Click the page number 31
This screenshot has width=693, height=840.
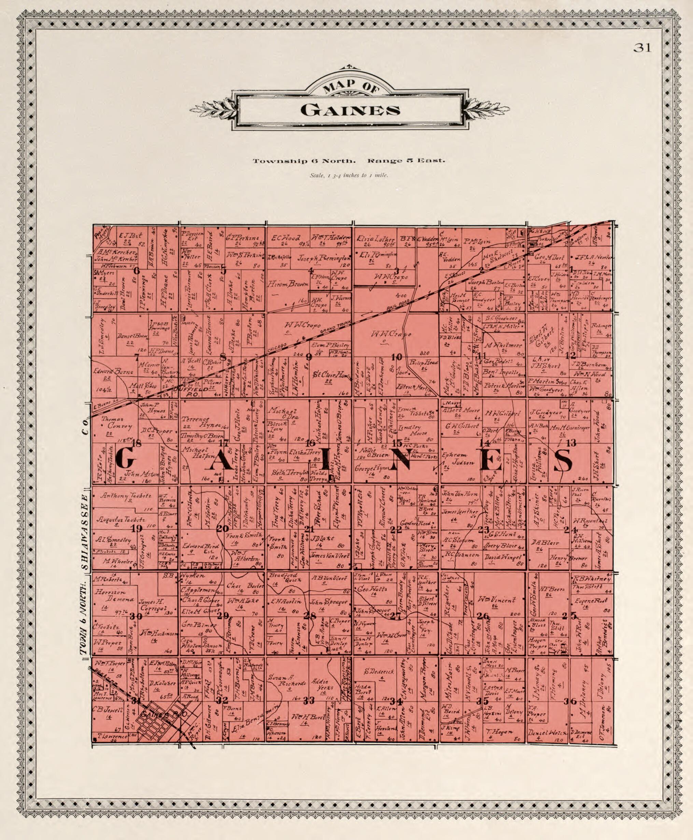click(642, 48)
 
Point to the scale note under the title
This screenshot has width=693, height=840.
click(349, 175)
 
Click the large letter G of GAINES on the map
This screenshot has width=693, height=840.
click(125, 459)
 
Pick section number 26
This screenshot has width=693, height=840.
click(483, 616)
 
